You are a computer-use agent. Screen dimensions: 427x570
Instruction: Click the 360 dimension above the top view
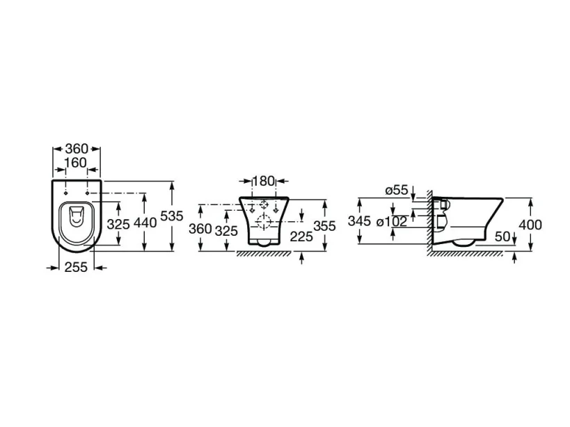pyautogui.click(x=76, y=149)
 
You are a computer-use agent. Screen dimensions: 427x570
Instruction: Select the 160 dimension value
pyautogui.click(x=76, y=163)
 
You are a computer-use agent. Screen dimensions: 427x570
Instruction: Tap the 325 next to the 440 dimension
pyautogui.click(x=119, y=225)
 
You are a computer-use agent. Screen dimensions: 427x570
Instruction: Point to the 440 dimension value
pyautogui.click(x=145, y=223)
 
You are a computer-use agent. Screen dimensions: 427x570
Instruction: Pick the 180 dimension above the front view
pyautogui.click(x=263, y=181)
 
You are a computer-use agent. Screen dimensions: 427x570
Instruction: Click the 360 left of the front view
pyautogui.click(x=200, y=229)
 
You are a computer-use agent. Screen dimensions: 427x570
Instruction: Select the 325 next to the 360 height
pyautogui.click(x=226, y=230)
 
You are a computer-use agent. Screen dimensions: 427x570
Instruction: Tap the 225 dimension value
pyautogui.click(x=301, y=236)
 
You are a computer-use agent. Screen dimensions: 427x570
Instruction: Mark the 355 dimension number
pyautogui.click(x=324, y=226)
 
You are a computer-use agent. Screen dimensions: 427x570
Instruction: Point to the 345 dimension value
pyautogui.click(x=359, y=222)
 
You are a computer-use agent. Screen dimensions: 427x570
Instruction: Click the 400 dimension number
pyautogui.click(x=530, y=225)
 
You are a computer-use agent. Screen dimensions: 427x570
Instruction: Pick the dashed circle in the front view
pyautogui.click(x=264, y=223)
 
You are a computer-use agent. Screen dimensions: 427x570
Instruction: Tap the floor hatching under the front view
pyautogui.click(x=263, y=254)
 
